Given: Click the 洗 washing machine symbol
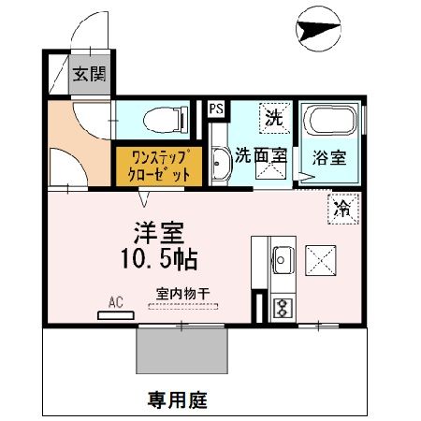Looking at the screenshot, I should [x=274, y=118].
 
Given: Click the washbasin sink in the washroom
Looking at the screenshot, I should [x=221, y=167].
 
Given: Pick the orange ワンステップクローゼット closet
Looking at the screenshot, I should [x=154, y=165].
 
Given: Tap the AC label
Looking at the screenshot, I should [x=116, y=302].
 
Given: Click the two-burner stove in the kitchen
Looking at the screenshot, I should [x=280, y=306].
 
